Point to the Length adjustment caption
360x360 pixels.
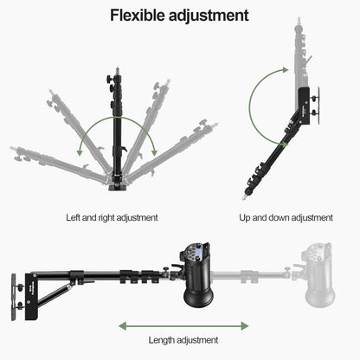click(x=184, y=340)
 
